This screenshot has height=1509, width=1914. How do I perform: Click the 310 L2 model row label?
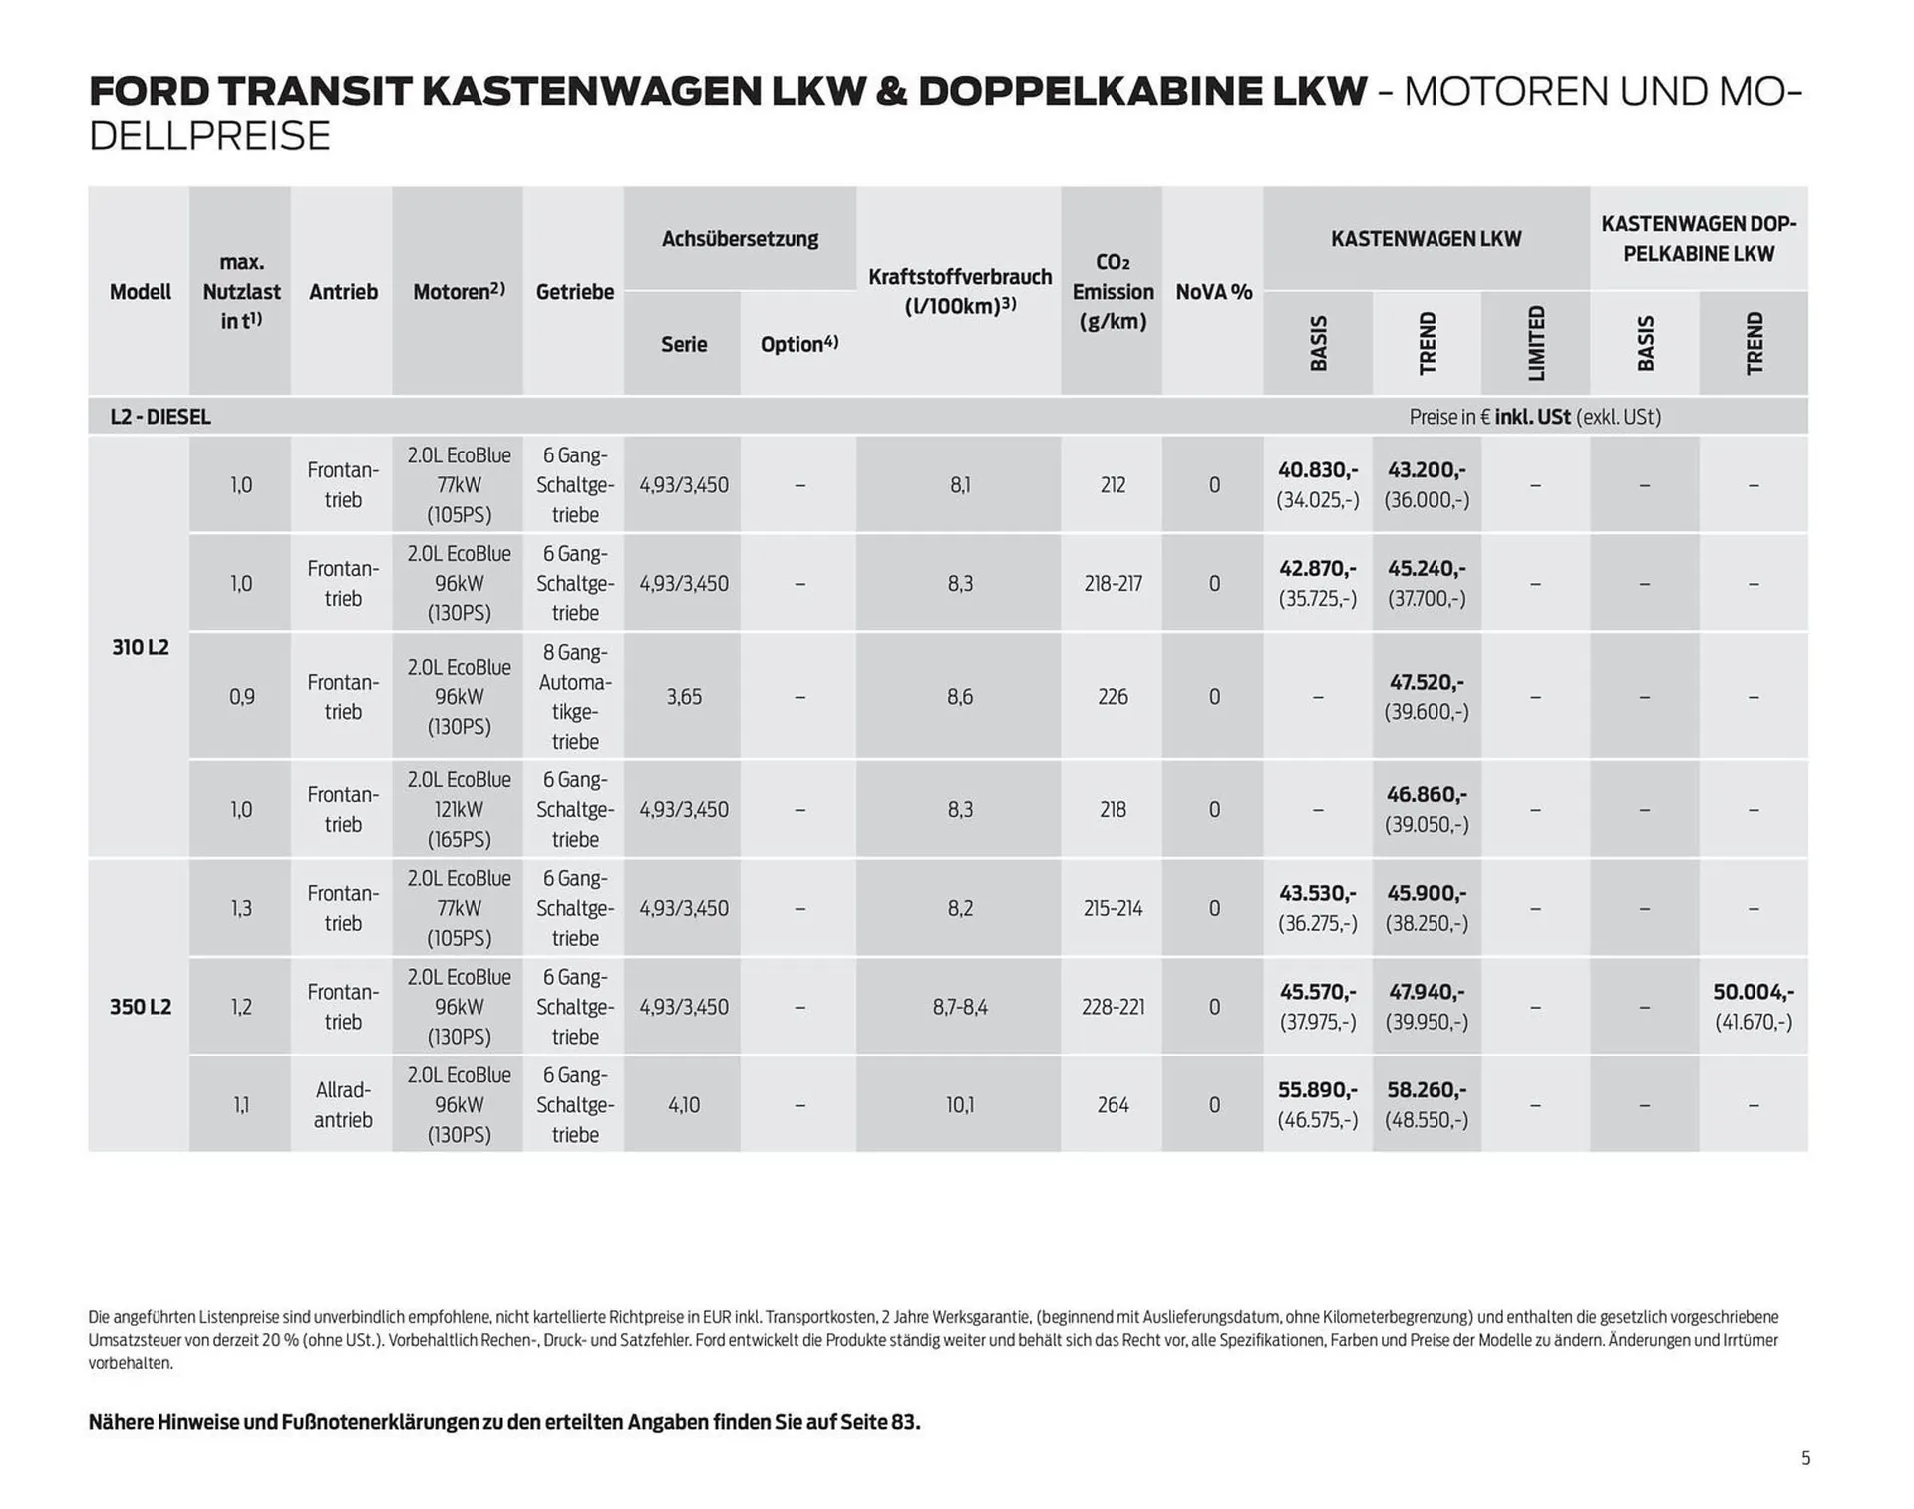pos(140,647)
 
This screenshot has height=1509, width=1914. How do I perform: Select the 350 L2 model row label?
pos(140,1006)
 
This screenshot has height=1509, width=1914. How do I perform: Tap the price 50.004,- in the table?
pos(1753,992)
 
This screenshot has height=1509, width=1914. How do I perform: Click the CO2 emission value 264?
pos(1113,1104)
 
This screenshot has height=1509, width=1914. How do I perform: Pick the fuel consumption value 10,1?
pos(959,1104)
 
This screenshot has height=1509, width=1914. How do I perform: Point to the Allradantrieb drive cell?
pos(342,1104)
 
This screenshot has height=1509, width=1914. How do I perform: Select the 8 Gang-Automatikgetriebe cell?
pos(574,696)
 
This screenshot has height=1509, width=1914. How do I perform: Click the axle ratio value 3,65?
pos(684,696)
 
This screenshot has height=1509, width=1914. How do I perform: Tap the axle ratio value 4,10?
pos(684,1104)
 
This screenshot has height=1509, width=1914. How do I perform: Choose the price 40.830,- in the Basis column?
pos(1317,469)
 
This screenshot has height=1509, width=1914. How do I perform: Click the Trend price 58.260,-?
pos(1426,1090)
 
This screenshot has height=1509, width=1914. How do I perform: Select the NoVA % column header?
pos(1213,292)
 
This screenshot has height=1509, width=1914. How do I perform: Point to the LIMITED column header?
pos(1536,343)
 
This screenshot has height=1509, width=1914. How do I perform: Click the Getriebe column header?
pos(574,292)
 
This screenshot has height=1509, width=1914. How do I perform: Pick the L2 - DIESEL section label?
pos(160,417)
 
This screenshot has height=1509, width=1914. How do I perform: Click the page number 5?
pos(1805,1458)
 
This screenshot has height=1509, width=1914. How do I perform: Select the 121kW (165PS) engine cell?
pos(459,809)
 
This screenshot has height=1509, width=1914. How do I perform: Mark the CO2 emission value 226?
pos(1113,696)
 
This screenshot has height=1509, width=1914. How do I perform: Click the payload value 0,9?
pos(241,696)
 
